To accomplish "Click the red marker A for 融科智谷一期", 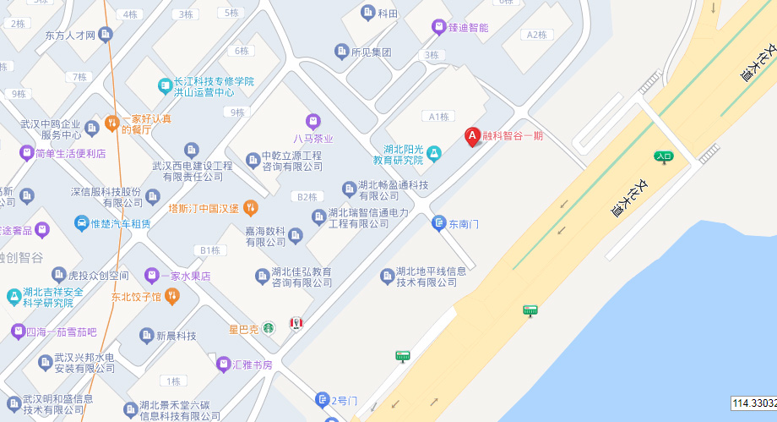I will [473, 135].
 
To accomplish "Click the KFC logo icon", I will [296, 324].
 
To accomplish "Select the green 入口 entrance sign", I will [663, 156].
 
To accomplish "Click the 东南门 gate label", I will [464, 224].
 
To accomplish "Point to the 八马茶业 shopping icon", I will [313, 121].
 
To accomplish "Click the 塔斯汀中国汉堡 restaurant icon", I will [250, 207].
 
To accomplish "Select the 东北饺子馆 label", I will [135, 297].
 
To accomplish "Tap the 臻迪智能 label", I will [468, 27].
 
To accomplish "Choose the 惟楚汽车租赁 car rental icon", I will [83, 223].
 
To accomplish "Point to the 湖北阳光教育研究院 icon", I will [433, 153].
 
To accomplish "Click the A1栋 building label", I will [438, 117].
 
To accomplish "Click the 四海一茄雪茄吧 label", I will [62, 331].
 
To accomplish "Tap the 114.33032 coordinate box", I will [753, 403].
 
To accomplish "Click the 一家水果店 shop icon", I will [151, 275].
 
